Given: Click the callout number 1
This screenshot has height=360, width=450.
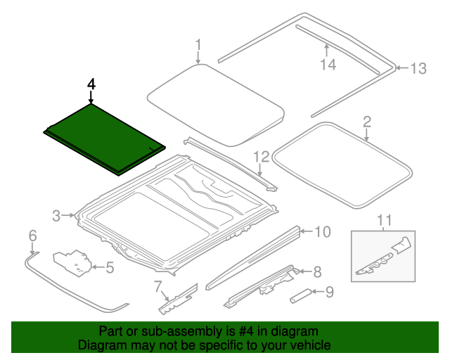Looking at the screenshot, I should coord(198,46).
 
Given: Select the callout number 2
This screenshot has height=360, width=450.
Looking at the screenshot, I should coord(366,122).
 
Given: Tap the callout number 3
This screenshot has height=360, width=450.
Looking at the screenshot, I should coord(57,216).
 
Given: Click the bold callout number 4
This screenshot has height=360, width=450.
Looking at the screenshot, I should coord(91,84).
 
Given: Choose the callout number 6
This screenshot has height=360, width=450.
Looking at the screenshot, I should coord(32,235).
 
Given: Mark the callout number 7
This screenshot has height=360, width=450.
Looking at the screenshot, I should coord(158,285).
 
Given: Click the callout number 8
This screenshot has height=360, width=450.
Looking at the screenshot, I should coord(317,271).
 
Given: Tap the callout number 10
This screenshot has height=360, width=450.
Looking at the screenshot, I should coord(321,231).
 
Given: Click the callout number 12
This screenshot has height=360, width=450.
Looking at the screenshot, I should coord(262,156).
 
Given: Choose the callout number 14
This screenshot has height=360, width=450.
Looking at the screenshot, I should coord(328,65).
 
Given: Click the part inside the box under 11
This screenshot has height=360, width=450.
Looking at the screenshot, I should coord(382,257).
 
